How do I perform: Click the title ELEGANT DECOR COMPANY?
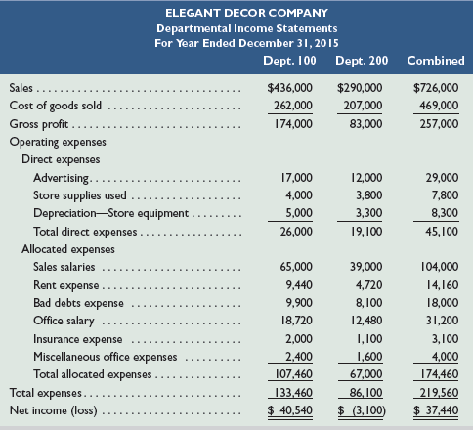pyautogui.click(x=246, y=13)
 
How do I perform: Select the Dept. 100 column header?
pyautogui.click(x=289, y=61)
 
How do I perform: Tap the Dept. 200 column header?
pyautogui.click(x=362, y=61)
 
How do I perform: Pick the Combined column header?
pyautogui.click(x=436, y=61)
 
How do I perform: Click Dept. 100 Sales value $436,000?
pyautogui.click(x=289, y=88)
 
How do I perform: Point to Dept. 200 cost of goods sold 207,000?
pyautogui.click(x=364, y=106)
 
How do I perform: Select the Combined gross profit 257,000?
pyautogui.click(x=439, y=124)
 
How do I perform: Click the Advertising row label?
pyautogui.click(x=61, y=178)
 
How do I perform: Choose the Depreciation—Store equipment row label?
pyautogui.click(x=110, y=213)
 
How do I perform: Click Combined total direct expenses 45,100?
pyautogui.click(x=442, y=232)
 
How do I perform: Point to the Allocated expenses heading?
pyautogui.click(x=68, y=249)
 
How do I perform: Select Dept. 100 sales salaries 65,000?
pyautogui.click(x=296, y=267)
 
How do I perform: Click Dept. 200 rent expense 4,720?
pyautogui.click(x=369, y=285)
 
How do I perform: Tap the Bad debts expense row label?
pyautogui.click(x=78, y=303)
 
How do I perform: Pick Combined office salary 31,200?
pyautogui.click(x=443, y=321)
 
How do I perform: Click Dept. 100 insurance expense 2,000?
pyautogui.click(x=299, y=339)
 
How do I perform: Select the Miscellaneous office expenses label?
pyautogui.click(x=106, y=357)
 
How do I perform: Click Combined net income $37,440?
pyautogui.click(x=436, y=410)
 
